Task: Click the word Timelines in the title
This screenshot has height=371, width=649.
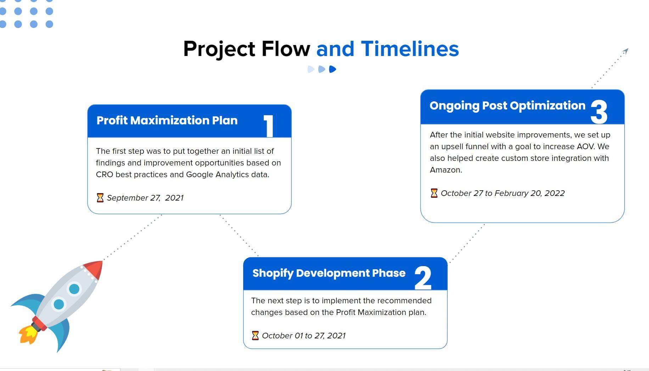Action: [410, 49]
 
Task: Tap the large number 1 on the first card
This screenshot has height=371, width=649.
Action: [269, 126]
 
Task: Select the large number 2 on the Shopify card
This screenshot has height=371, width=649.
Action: [423, 278]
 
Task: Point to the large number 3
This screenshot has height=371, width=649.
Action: [599, 112]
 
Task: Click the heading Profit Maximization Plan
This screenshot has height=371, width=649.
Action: [167, 120]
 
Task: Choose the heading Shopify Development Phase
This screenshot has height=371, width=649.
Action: [329, 273]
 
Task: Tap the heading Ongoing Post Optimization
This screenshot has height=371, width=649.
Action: [508, 106]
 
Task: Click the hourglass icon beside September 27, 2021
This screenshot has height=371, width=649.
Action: [100, 198]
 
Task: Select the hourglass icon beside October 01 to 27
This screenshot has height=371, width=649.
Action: [255, 336]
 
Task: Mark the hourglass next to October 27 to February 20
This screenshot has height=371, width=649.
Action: [434, 193]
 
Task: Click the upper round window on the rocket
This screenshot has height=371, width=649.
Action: [74, 289]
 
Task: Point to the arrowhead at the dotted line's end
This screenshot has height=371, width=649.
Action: [626, 51]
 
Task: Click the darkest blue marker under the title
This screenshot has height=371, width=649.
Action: [332, 69]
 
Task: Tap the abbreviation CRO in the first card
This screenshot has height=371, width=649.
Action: [105, 175]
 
